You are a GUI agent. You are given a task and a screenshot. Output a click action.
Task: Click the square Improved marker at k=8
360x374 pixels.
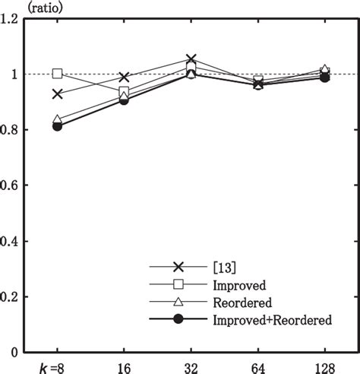[x=58, y=74]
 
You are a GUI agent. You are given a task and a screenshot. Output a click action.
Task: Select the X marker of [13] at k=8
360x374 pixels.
[x=58, y=94]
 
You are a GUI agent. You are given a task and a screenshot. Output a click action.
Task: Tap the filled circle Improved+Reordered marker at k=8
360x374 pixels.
[x=58, y=126]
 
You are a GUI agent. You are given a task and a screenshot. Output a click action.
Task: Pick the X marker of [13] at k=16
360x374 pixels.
[x=125, y=77]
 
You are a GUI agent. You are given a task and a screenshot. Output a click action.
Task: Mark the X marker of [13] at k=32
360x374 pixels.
[x=191, y=59]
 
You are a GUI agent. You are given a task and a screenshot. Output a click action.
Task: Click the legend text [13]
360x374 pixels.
[x=226, y=267]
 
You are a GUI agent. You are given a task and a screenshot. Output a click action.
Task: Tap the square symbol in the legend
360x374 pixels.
[x=179, y=284]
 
